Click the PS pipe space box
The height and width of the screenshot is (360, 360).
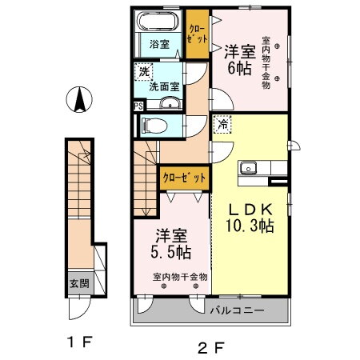click(138, 105)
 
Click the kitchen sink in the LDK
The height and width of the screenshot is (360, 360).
click(250, 168)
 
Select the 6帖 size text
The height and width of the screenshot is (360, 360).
click(238, 67)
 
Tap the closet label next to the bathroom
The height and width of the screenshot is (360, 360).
click(196, 32)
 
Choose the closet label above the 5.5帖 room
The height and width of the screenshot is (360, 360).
click(185, 177)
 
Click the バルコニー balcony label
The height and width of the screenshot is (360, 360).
click(237, 308)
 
